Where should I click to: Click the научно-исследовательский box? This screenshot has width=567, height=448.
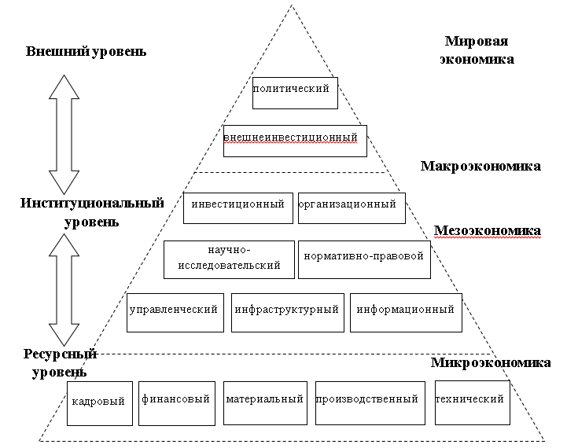tap(229, 259)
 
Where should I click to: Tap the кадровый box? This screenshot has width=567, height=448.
tap(98, 402)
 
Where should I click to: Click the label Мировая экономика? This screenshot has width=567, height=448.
tap(478, 50)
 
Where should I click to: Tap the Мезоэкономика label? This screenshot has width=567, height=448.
tap(488, 231)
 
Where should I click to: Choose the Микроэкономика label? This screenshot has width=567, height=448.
tap(491, 363)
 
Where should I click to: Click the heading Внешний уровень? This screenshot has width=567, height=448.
tap(87, 52)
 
